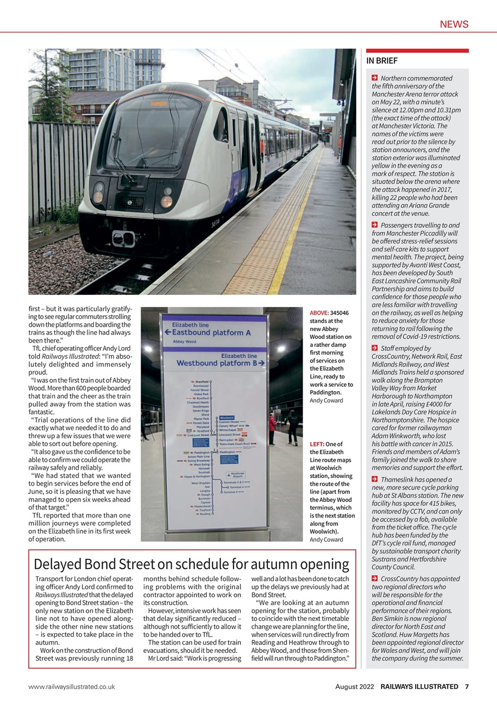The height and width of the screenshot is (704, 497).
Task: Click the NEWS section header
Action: click(454, 24)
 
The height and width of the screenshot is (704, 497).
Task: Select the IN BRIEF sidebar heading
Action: click(382, 61)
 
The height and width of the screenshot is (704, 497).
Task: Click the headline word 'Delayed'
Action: click(58, 564)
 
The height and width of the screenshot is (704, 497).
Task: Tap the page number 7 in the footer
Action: click(466, 686)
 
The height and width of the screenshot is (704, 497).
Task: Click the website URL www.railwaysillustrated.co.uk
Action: click(72, 686)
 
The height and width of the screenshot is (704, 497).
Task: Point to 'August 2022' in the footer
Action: click(355, 686)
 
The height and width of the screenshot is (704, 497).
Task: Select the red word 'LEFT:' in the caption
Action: click(317, 444)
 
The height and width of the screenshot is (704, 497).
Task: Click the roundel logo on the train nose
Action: click(130, 202)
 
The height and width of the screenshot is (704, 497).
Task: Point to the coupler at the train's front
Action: click(125, 238)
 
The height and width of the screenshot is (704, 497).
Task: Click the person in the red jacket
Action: click(272, 429)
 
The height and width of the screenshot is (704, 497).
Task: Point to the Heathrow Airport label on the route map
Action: click(237, 475)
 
